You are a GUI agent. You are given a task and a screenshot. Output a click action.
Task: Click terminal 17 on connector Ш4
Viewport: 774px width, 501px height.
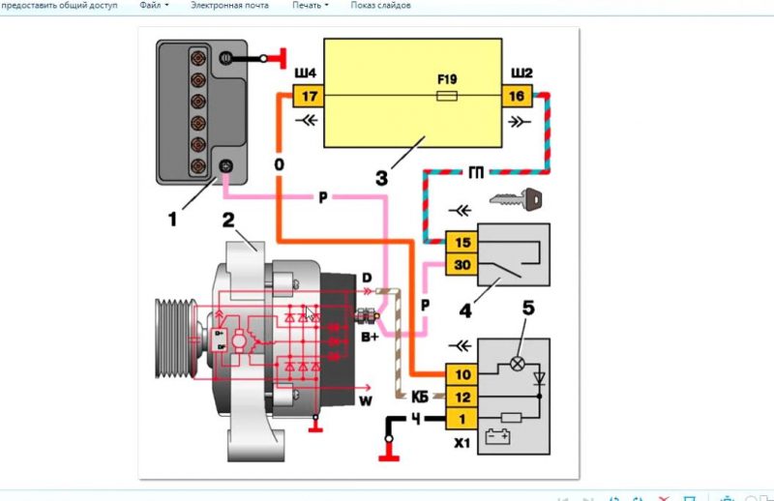pyautogui.click(x=309, y=97)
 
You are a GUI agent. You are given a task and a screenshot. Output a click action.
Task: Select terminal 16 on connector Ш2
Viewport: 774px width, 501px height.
pyautogui.click(x=516, y=97)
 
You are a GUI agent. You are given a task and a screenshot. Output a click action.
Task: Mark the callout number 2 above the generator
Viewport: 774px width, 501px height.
pyautogui.click(x=230, y=221)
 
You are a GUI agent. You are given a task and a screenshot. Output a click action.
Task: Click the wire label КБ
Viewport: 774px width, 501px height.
pyautogui.click(x=421, y=396)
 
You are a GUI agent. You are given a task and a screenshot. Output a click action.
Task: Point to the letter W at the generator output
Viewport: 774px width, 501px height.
pyautogui.click(x=365, y=398)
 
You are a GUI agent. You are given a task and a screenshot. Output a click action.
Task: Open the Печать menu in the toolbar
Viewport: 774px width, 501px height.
pyautogui.click(x=310, y=6)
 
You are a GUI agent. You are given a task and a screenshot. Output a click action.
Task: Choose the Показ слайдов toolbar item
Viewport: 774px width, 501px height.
pyautogui.click(x=380, y=6)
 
